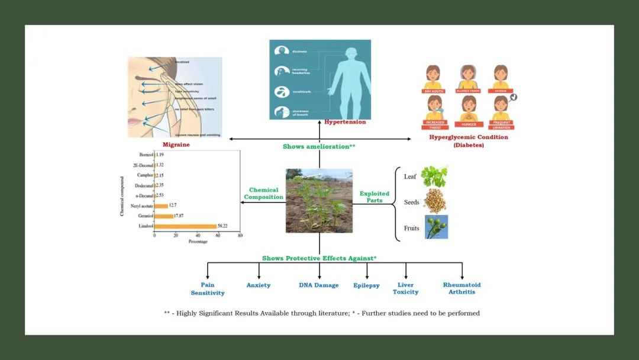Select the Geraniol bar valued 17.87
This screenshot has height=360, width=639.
tap(164, 216)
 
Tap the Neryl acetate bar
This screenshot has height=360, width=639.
tap(161, 206)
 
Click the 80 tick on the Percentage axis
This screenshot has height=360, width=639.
tap(240, 235)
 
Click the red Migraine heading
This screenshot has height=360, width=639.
tap(176, 144)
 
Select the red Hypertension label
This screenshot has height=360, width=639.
tap(345, 122)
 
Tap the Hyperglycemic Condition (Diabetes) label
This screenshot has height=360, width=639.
tap(468, 141)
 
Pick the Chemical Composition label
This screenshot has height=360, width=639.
tap(263, 194)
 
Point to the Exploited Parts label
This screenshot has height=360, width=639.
tap(374, 197)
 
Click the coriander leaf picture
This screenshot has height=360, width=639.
tap(434, 176)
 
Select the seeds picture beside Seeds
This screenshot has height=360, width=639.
tap(435, 202)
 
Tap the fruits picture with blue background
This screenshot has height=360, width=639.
tap(436, 227)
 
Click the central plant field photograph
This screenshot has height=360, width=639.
tap(319, 201)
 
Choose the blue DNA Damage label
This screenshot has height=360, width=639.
tap(318, 285)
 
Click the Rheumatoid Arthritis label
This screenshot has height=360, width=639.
tap(461, 288)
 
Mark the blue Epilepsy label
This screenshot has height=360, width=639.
tap(366, 285)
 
